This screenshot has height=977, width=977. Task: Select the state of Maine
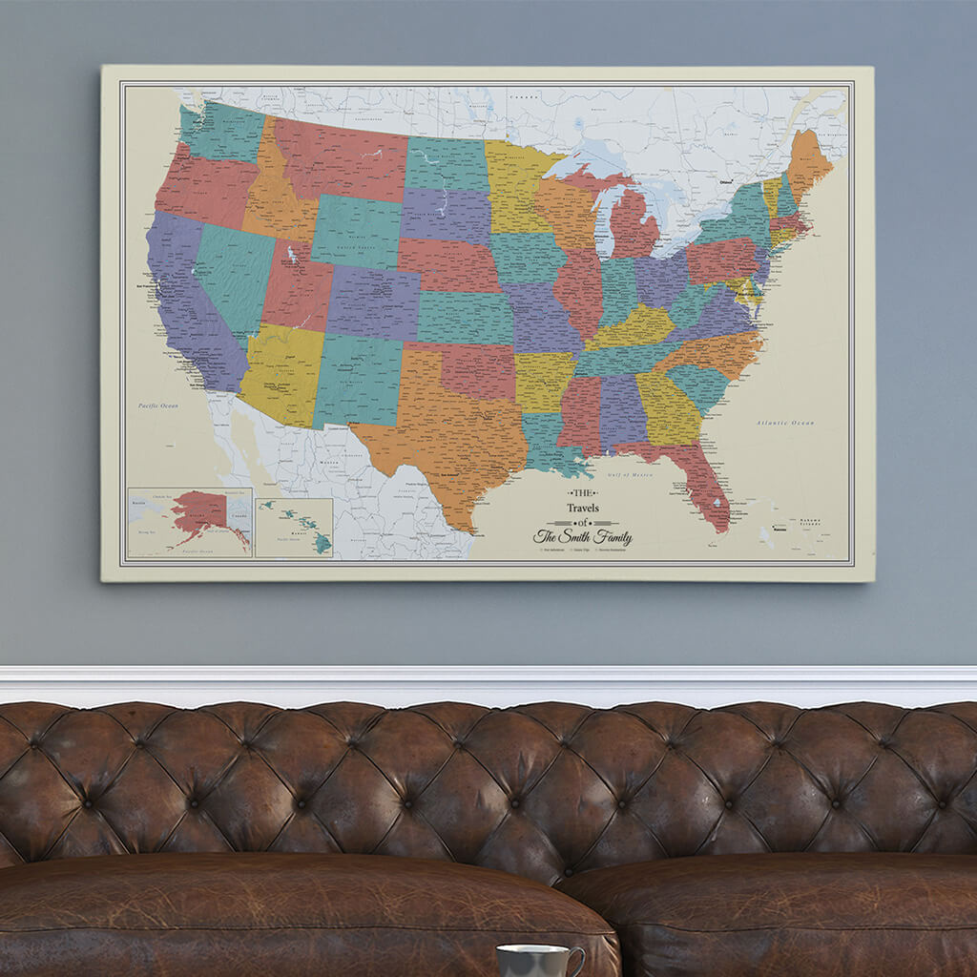click(808, 162)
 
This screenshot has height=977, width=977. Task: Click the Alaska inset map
click(190, 522)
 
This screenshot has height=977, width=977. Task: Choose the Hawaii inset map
click(294, 528)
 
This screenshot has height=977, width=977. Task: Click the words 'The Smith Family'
click(582, 537)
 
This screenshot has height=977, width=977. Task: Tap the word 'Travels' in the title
click(583, 508)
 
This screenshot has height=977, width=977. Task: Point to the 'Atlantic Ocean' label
click(785, 423)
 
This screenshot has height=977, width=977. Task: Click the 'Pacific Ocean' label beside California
click(157, 405)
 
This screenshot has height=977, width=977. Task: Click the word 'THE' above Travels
click(581, 492)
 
